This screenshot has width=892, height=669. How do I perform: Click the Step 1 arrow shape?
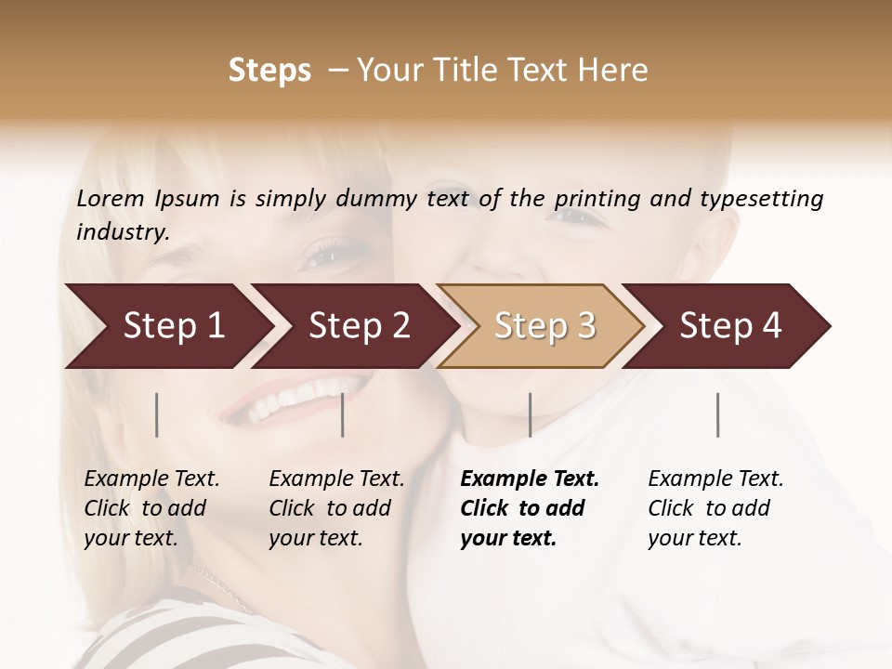[167, 326]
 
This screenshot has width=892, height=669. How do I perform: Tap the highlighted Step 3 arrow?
[544, 326]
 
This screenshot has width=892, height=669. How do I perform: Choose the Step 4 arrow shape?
[729, 326]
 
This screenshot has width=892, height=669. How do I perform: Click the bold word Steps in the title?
[269, 71]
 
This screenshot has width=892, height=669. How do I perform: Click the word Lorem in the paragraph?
[111, 198]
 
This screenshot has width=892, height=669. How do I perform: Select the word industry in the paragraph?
[122, 231]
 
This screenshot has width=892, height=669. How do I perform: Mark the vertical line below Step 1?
[157, 414]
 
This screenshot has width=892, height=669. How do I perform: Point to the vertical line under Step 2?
[343, 414]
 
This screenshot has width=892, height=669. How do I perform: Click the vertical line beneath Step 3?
[530, 414]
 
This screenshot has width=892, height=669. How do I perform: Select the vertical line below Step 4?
[717, 414]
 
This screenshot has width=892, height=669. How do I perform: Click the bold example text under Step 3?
[530, 508]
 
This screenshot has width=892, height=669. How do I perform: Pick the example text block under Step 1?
[151, 508]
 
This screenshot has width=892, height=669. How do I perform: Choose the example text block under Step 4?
[715, 508]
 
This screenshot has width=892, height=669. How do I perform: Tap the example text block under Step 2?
[336, 508]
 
